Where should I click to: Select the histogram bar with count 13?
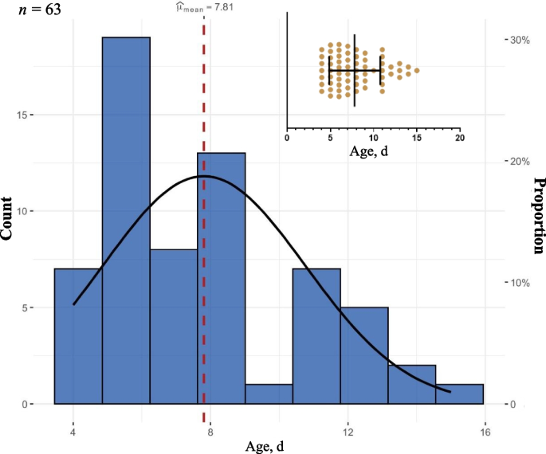222,278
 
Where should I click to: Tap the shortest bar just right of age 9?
269,393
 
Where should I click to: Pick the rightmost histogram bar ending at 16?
460,393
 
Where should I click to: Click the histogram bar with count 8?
173,327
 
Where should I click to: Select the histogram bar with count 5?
364,355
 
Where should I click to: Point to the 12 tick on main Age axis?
348,432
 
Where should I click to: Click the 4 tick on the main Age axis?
73,432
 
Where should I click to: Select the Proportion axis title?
538,216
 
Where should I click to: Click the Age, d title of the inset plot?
373,152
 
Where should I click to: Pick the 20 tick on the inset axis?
459,137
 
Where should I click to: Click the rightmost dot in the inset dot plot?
416,71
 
